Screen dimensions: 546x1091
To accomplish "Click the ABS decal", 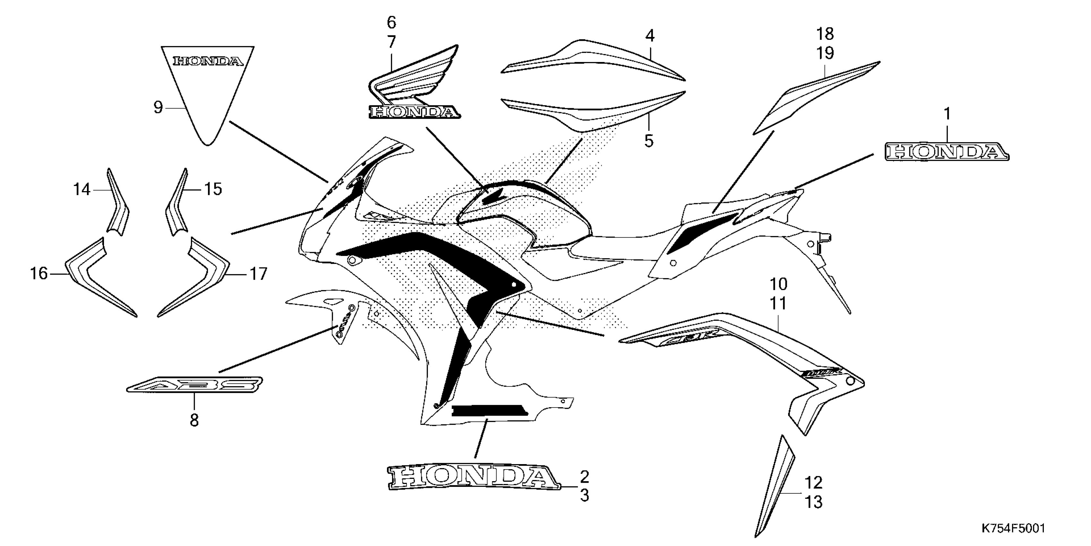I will pos(195,384).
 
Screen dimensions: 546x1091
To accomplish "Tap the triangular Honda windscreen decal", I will pos(208,85).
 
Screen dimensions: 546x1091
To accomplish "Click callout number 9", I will pos(158,108).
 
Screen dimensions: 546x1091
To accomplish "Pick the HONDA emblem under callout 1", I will pos(947,152).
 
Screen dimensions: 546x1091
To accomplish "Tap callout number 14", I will pos(82,189).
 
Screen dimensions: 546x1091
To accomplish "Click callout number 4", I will pos(650,36).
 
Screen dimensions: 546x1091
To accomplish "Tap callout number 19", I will pos(825,53).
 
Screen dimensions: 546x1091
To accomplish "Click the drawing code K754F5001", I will pos(1013,528).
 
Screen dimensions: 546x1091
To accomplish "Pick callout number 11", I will pos(778,304).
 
